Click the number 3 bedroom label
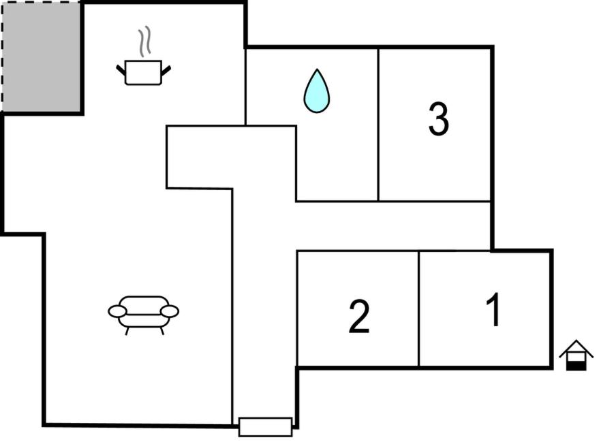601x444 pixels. (439, 118)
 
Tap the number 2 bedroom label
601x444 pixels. (359, 316)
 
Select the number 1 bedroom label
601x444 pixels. (493, 309)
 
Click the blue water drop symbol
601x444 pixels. (317, 91)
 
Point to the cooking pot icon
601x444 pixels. (143, 72)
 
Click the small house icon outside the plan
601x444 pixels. (576, 355)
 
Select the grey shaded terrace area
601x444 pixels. (41, 57)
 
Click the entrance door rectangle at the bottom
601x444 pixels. (265, 427)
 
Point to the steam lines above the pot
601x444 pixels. (145, 42)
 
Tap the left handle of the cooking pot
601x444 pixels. (121, 71)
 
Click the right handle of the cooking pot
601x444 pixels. (166, 71)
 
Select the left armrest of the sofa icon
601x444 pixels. (117, 311)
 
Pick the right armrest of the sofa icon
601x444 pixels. (170, 311)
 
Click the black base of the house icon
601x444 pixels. (576, 366)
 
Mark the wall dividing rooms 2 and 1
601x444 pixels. (419, 308)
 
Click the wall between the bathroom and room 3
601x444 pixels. (378, 125)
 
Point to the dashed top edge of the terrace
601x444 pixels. (41, 2)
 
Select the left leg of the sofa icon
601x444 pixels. (127, 331)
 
